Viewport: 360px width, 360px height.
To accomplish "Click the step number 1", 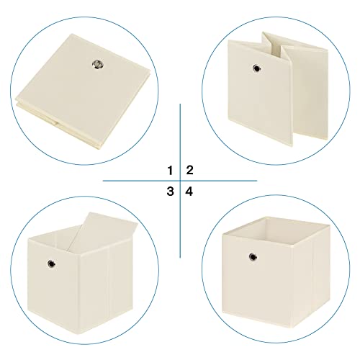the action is point(170,171).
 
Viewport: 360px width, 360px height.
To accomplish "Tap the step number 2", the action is point(189,170).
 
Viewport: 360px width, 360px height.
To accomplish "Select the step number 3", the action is point(170,192).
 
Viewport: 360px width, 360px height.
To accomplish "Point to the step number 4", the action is point(189,192).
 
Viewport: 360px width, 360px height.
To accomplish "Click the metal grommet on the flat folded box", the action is point(98,64).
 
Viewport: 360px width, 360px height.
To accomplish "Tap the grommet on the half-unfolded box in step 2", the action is point(257,68).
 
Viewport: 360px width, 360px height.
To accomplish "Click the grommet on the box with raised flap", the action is point(51,264).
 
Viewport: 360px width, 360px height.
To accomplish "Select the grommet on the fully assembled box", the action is point(253,257).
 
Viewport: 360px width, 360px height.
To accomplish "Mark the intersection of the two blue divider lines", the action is point(180,181).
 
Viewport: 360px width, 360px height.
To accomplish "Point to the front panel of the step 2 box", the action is point(260,92).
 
